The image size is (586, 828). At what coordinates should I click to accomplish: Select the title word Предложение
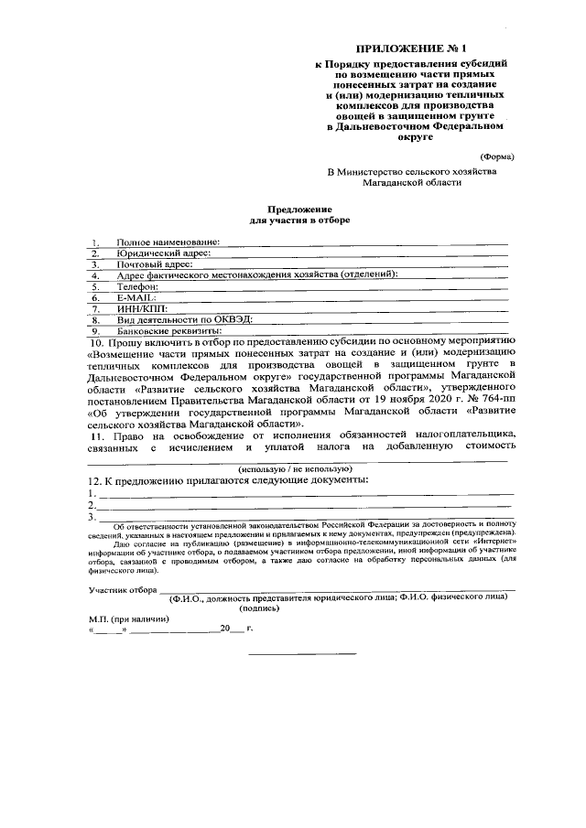(299, 209)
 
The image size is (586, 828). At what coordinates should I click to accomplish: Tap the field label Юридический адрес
(164, 253)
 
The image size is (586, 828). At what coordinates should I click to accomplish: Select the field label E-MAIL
(136, 297)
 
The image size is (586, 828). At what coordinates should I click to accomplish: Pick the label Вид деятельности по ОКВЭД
(183, 319)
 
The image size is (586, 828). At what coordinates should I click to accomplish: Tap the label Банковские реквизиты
(168, 330)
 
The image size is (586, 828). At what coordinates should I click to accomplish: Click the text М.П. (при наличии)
(124, 619)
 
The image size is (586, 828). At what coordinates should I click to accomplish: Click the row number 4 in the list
(94, 274)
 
